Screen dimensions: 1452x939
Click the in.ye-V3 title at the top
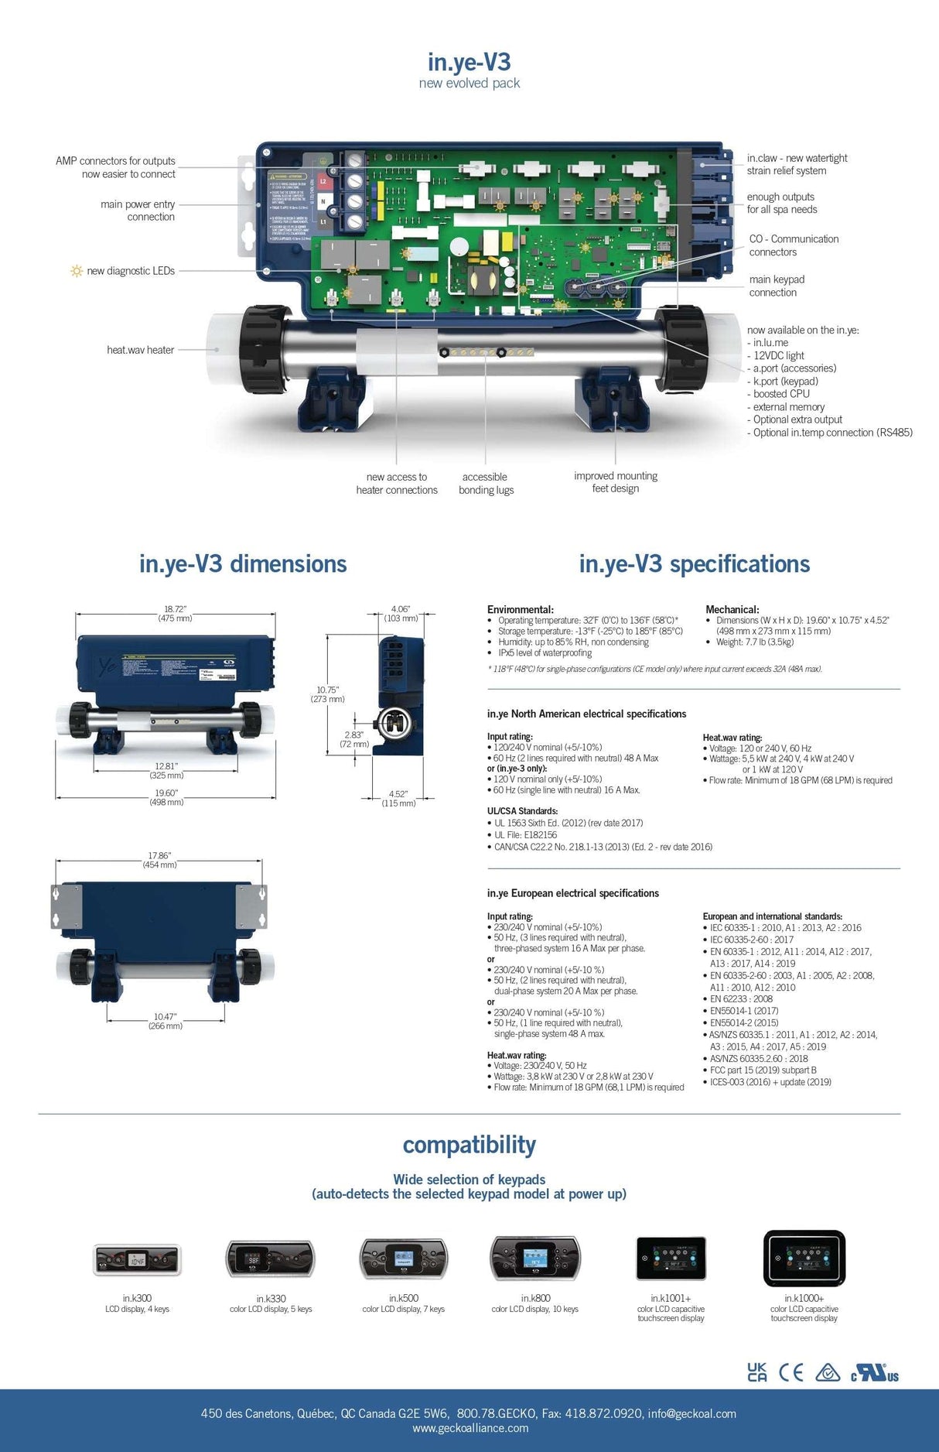tap(469, 62)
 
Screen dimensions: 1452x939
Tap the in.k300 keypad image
tap(137, 1259)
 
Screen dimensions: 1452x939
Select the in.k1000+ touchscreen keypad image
tap(804, 1258)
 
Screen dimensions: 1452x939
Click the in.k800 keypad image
tap(534, 1258)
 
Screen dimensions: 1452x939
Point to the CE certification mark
tap(790, 1372)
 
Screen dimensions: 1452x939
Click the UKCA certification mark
tap(757, 1372)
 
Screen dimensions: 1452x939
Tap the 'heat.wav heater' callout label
tap(140, 350)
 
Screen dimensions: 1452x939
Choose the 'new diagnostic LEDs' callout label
tap(130, 271)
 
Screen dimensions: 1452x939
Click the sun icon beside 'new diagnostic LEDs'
tap(76, 271)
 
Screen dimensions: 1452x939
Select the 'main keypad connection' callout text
tap(776, 286)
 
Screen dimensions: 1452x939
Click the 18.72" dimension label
tap(176, 614)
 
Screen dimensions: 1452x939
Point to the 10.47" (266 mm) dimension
tap(165, 1021)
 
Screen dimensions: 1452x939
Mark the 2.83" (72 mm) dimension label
tap(354, 739)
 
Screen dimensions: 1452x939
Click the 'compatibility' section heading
tap(469, 1144)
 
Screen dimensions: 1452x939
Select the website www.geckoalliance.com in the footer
tap(469, 1428)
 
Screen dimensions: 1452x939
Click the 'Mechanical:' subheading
tap(732, 609)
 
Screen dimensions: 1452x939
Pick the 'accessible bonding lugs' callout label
tap(486, 483)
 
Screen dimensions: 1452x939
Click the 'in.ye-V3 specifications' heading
tap(694, 563)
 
